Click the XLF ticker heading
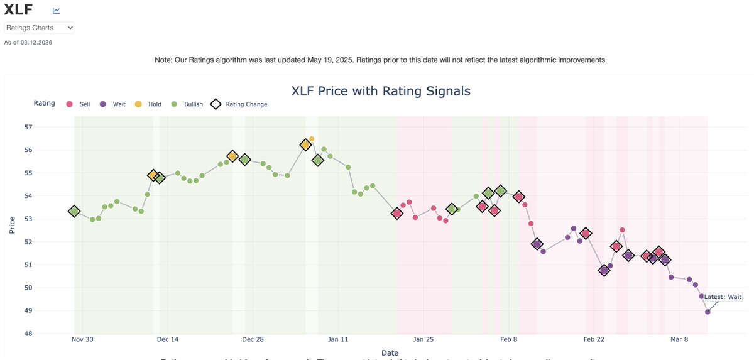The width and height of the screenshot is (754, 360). (19, 10)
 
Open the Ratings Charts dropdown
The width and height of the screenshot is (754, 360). (40, 28)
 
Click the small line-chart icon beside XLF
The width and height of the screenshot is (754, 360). (57, 11)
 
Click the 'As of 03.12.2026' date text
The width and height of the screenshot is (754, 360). (28, 43)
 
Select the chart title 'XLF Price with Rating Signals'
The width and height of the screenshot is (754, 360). (381, 91)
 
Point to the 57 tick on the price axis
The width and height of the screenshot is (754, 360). (29, 127)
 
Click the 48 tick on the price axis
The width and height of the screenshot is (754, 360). (29, 334)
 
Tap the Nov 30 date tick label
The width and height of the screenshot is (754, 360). (82, 340)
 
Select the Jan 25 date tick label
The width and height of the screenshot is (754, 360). (423, 340)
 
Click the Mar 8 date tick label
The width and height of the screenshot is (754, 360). (679, 340)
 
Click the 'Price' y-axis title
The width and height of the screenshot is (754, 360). (12, 225)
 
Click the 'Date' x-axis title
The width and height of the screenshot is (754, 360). (390, 353)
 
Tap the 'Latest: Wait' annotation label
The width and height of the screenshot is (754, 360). (723, 297)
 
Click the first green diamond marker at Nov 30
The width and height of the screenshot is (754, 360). (74, 212)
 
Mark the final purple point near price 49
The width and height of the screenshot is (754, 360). (708, 312)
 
